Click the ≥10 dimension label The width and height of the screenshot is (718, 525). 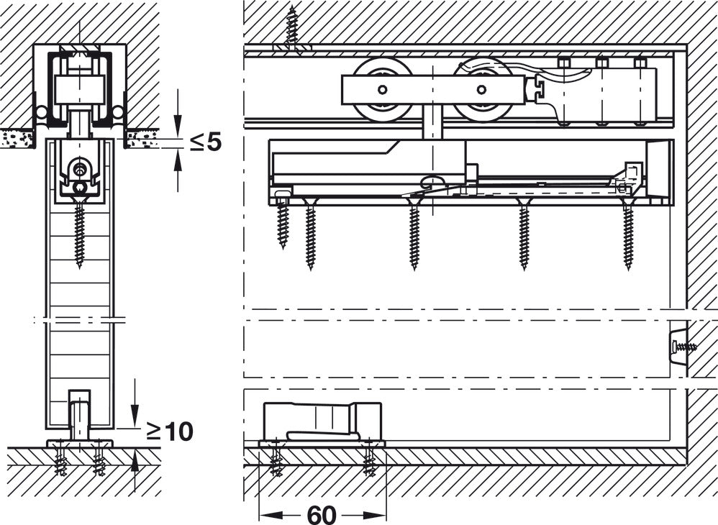[x=170, y=432]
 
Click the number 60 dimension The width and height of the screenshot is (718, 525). [x=322, y=515]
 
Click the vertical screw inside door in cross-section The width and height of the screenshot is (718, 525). [x=79, y=234]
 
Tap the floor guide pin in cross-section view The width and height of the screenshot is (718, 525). [x=79, y=414]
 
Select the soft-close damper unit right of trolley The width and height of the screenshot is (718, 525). [x=604, y=91]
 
